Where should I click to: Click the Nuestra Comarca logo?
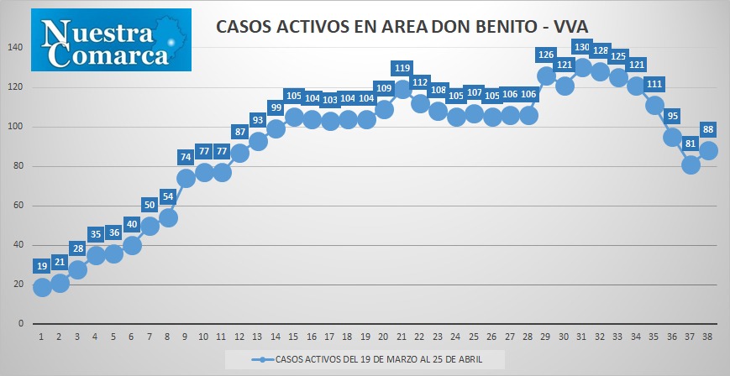point(111,40)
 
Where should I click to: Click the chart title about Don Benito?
point(402,27)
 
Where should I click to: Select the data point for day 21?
point(402,89)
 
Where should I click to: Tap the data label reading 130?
point(582,47)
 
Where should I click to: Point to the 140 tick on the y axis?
point(16,48)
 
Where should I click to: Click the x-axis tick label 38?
point(706,337)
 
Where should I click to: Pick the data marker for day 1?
point(42,287)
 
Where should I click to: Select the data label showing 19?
point(42,266)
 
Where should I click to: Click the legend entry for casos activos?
point(366,360)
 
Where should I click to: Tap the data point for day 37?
point(690,164)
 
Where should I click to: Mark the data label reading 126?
point(546,55)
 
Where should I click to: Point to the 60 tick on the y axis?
point(18,206)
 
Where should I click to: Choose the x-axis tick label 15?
point(293,337)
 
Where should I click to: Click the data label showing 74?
point(186,157)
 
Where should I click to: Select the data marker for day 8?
point(168,217)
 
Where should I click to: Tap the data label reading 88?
point(708,129)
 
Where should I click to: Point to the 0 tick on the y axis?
point(20,324)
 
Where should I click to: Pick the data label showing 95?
point(672,117)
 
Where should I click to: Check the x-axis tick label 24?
point(455,337)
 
